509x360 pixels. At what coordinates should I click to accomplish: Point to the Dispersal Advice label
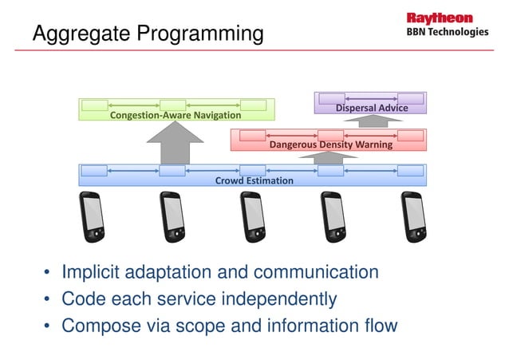(371, 108)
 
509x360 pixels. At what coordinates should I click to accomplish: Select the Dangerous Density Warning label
(330, 144)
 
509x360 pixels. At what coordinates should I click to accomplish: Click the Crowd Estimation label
(254, 180)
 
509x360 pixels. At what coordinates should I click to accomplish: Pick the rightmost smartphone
(413, 216)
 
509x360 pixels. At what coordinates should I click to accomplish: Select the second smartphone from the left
(173, 216)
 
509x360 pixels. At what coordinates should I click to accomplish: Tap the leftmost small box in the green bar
(94, 105)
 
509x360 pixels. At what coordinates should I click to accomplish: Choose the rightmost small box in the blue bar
(410, 170)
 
